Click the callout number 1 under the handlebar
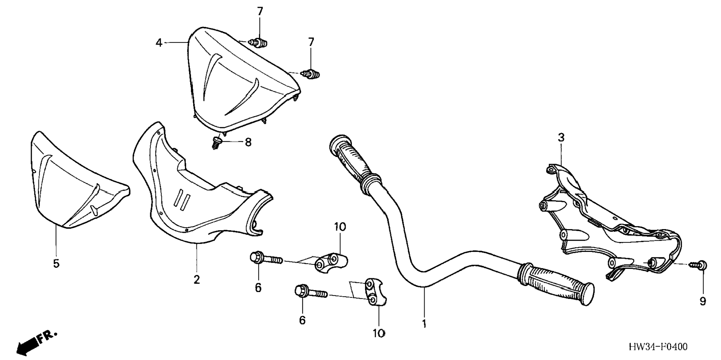click(x=424, y=324)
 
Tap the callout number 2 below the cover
click(x=196, y=279)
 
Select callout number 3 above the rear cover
click(x=561, y=138)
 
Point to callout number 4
click(x=159, y=43)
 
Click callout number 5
click(x=56, y=264)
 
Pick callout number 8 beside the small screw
click(x=248, y=142)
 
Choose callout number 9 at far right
click(x=703, y=301)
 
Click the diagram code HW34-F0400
click(x=658, y=347)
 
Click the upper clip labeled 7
click(x=259, y=43)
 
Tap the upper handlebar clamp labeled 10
click(x=331, y=262)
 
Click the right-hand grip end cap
click(x=587, y=294)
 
